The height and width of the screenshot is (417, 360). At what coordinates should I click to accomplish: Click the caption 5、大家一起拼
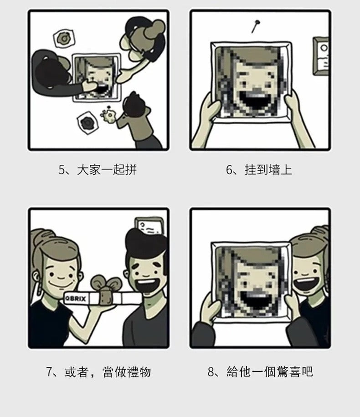[x=97, y=170]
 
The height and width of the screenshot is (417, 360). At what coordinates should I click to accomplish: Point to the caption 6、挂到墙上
[x=259, y=170]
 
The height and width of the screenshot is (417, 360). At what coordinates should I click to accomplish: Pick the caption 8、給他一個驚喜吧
[x=260, y=372]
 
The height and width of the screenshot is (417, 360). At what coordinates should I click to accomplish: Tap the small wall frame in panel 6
[x=322, y=56]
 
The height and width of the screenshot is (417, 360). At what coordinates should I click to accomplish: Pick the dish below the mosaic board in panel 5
[x=87, y=122]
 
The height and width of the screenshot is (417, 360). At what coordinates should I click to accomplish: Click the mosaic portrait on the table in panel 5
[x=97, y=77]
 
